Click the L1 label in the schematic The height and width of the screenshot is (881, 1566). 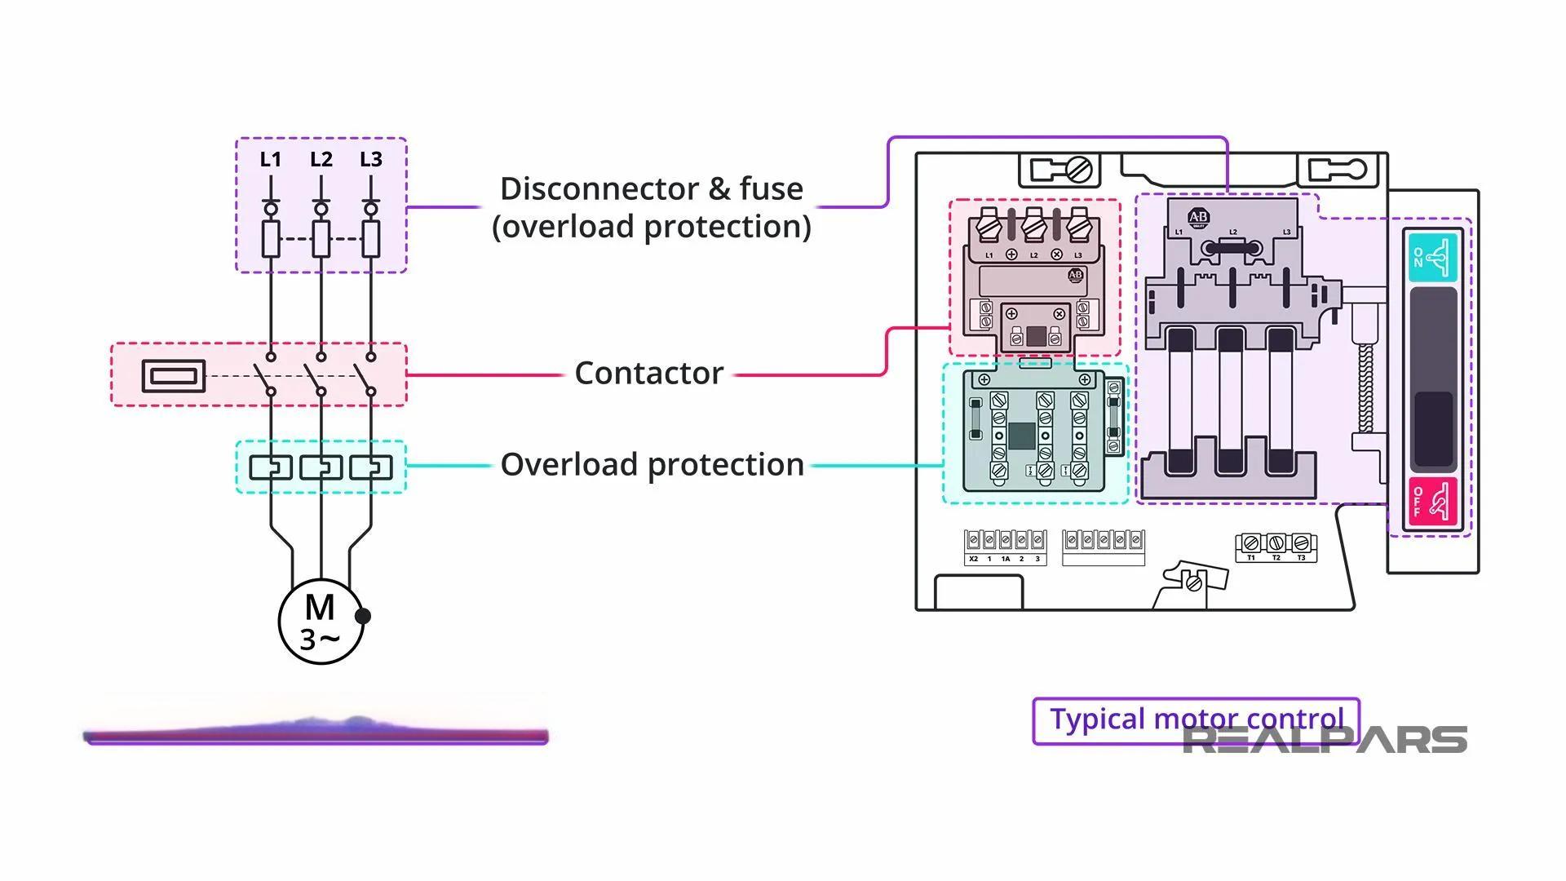[x=270, y=160]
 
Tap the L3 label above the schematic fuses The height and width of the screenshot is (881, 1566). [x=371, y=160]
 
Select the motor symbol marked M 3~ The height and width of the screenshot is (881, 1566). [x=320, y=621]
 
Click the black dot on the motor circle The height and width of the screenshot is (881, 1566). [x=363, y=616]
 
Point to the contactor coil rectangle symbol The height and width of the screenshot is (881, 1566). [x=173, y=376]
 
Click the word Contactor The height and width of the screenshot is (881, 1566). [x=648, y=374]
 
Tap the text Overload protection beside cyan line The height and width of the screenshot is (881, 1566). [x=652, y=465]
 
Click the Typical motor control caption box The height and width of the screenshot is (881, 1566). [x=1195, y=719]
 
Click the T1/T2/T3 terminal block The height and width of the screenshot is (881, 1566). [x=1276, y=545]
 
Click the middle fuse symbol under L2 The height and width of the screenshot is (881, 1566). [x=321, y=238]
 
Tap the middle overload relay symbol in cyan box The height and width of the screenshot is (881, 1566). [x=321, y=467]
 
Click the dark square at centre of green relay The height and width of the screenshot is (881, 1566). [x=1021, y=436]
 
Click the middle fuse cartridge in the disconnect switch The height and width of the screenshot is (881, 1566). [x=1230, y=400]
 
